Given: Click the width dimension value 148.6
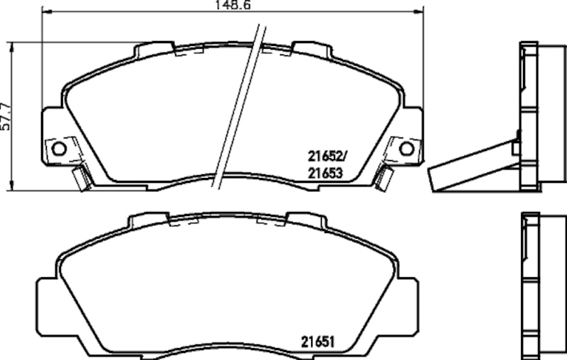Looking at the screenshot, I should [232, 5].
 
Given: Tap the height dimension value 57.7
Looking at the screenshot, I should [6, 116].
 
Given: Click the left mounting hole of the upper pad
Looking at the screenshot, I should [59, 148].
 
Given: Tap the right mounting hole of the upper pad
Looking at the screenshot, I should [406, 148].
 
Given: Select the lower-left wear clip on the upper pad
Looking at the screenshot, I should [82, 177].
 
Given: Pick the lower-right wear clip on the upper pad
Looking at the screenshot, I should [384, 177].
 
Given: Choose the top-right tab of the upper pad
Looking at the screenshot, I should [312, 50].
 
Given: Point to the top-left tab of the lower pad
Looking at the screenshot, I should [148, 219].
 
